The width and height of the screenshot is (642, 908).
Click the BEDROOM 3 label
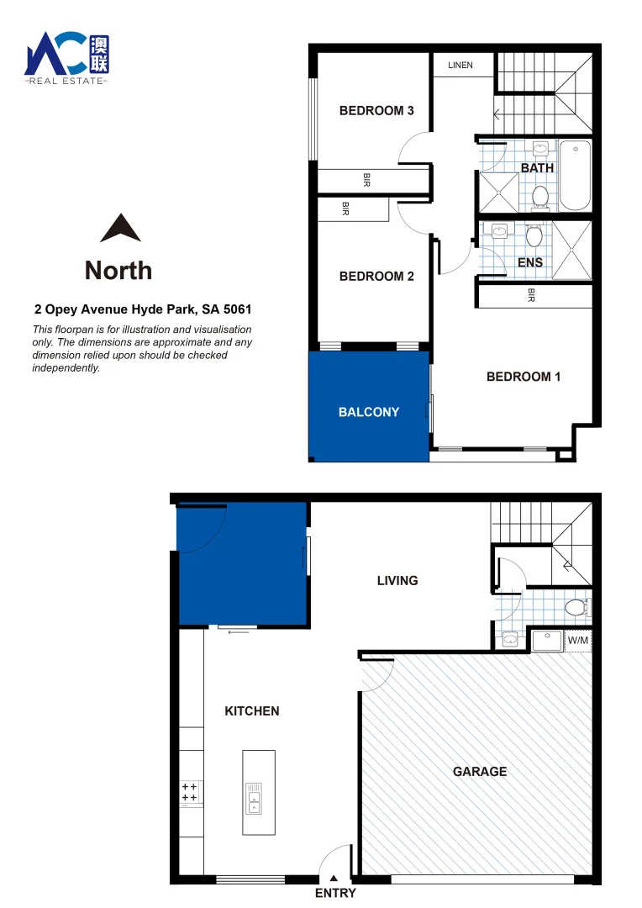376,110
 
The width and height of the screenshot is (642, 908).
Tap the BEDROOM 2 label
376,276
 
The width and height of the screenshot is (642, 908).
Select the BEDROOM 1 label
524,377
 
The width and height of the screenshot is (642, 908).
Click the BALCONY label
369,412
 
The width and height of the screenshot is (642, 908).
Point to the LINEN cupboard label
460,65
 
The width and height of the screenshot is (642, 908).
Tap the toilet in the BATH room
540,197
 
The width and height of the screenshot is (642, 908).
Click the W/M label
579,641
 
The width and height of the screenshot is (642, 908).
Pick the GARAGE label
480,771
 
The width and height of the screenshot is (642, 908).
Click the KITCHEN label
252,711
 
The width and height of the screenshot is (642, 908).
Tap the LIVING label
397,580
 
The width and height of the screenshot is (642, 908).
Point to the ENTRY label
335,894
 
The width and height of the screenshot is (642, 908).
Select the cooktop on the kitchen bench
190,792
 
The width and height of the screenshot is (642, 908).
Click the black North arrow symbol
120,228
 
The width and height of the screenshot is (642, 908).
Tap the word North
118,270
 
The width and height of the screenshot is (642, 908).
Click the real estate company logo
67,56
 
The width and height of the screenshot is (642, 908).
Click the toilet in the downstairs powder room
577,606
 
